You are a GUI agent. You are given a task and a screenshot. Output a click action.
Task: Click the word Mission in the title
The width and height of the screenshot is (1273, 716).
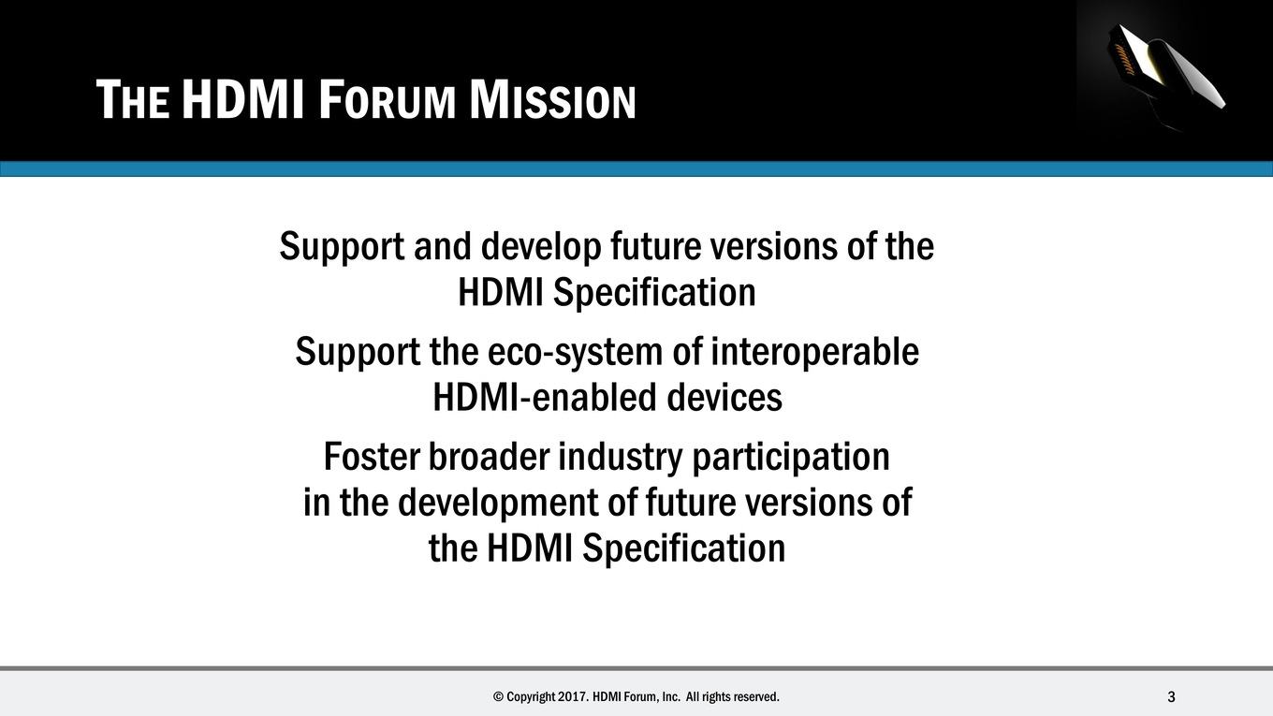coord(552,100)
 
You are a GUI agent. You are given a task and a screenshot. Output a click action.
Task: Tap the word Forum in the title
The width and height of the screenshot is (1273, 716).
coord(387,100)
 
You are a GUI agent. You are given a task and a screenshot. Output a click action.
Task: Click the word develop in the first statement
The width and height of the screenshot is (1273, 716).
coord(540,247)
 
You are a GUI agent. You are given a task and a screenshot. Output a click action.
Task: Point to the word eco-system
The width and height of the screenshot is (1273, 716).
coord(575,352)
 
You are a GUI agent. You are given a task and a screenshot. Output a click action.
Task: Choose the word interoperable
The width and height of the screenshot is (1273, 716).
coord(814,351)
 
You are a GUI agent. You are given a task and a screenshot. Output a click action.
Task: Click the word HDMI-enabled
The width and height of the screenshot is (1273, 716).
coord(544,397)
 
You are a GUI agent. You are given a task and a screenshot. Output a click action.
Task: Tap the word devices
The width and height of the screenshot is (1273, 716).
coord(724,397)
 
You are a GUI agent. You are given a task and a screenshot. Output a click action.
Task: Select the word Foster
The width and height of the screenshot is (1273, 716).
coord(371,457)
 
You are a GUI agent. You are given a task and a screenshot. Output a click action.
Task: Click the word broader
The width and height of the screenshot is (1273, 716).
coord(489,457)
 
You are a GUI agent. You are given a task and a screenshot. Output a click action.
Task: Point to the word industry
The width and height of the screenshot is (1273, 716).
coord(620,458)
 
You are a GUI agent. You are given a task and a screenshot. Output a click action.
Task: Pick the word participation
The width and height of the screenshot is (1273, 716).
coord(791,458)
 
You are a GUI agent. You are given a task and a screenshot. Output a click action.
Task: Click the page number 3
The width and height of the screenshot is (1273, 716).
coord(1171,696)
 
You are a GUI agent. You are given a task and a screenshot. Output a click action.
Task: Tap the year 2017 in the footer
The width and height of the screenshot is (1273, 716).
coord(573,696)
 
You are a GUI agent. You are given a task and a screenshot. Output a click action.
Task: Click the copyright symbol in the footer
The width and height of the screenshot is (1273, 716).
coord(498,696)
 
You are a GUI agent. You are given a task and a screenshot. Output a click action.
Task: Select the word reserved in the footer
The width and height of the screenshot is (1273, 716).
coord(756,696)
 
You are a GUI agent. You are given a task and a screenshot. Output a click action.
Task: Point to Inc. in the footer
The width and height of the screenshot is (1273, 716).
coord(671,696)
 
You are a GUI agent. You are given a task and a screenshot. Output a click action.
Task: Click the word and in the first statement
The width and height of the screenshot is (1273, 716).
coord(443,247)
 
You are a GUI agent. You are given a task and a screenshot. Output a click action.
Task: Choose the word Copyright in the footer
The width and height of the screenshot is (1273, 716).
coord(531,697)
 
